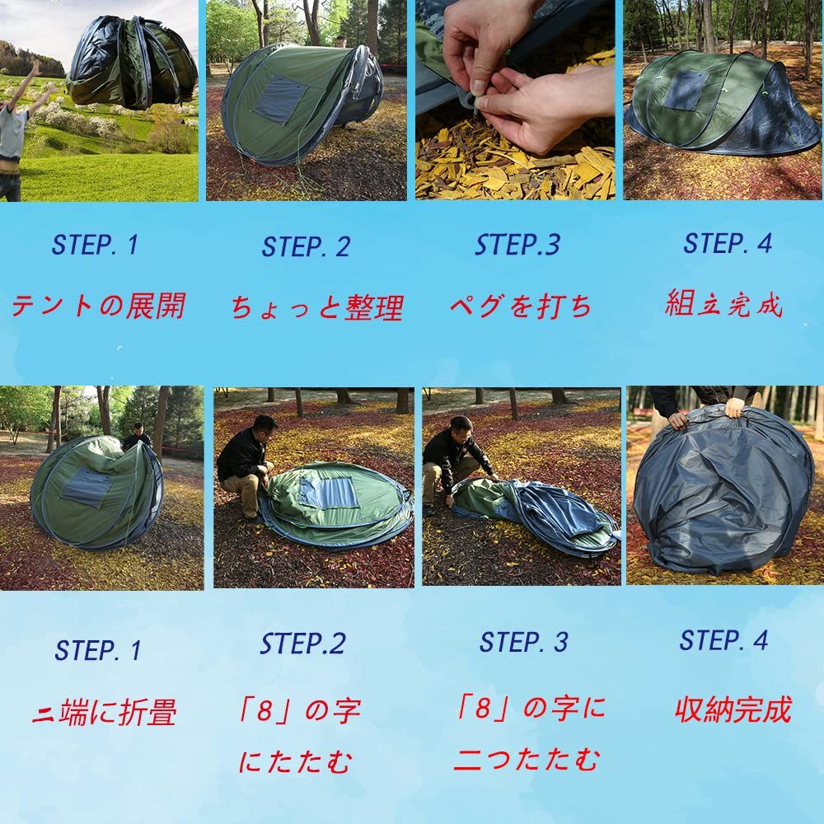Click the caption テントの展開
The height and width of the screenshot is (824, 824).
[x=97, y=306]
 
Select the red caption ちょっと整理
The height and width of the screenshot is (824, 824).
[x=317, y=308]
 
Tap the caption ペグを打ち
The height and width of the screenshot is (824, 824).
[x=521, y=307]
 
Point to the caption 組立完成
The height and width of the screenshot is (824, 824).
[x=723, y=305]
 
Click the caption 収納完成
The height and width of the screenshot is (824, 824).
[x=733, y=709]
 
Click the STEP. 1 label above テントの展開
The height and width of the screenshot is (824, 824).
[x=96, y=245]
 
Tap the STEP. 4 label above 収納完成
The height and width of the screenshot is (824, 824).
[x=723, y=640]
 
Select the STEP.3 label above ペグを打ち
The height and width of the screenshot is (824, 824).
[x=517, y=245]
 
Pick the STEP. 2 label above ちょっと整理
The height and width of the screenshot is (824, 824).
[x=306, y=246]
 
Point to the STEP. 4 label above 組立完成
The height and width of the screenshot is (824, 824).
[x=728, y=243]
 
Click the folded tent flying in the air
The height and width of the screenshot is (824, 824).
[x=132, y=62]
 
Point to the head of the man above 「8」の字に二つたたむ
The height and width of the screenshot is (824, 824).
[x=461, y=428]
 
